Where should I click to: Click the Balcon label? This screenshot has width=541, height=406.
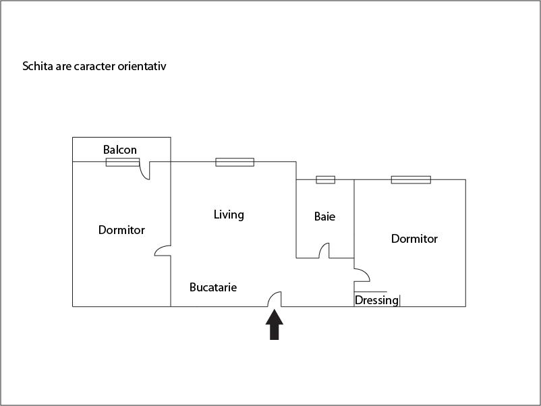(120, 150)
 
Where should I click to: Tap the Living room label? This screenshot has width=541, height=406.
(229, 214)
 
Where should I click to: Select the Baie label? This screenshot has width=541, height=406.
(324, 216)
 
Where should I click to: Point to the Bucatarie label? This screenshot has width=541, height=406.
(213, 287)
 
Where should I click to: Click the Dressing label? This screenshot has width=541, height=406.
(376, 300)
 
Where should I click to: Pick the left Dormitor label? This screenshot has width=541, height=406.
(121, 230)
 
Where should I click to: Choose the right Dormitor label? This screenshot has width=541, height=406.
(414, 239)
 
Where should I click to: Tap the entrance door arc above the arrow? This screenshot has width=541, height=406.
(275, 298)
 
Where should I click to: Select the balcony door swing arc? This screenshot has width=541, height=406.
(144, 172)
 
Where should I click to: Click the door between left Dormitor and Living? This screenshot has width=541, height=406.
(163, 250)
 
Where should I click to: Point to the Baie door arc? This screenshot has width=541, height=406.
(324, 250)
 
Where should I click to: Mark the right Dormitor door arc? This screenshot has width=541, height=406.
(362, 275)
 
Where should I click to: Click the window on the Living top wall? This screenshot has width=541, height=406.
(235, 162)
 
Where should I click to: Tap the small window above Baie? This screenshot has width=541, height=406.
(325, 179)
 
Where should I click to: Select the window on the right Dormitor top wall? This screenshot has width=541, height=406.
(411, 179)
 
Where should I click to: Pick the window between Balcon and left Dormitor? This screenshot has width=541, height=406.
(123, 162)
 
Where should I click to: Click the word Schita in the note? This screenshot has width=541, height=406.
(38, 66)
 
